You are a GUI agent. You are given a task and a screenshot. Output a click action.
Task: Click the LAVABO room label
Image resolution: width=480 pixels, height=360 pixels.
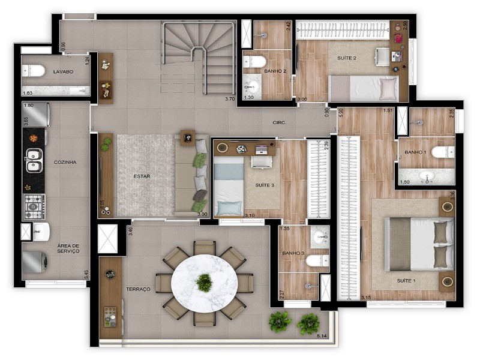click(x=63, y=71)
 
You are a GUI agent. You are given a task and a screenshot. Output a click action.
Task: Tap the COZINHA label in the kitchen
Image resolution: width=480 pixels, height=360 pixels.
click(x=65, y=162)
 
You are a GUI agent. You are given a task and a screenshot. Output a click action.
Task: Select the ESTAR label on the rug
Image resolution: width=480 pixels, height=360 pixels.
click(x=142, y=176)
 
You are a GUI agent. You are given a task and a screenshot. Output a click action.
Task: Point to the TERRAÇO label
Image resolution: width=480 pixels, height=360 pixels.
click(x=138, y=289)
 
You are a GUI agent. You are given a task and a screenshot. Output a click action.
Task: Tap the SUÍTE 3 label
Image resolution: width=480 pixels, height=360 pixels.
click(x=264, y=185)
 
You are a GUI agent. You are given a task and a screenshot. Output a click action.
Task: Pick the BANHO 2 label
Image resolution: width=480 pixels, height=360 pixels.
click(x=275, y=71)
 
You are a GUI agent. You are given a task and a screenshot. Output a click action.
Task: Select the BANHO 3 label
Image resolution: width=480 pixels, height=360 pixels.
click(x=293, y=253)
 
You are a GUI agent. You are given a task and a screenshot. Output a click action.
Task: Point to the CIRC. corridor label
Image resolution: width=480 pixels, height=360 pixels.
click(x=280, y=122)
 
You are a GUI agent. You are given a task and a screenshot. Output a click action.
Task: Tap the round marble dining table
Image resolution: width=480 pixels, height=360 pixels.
click(x=204, y=283)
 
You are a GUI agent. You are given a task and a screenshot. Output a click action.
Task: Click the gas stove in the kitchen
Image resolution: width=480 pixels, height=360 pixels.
click(x=34, y=205)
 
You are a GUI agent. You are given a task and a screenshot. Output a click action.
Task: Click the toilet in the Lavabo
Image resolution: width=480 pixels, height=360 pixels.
click(x=35, y=71)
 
